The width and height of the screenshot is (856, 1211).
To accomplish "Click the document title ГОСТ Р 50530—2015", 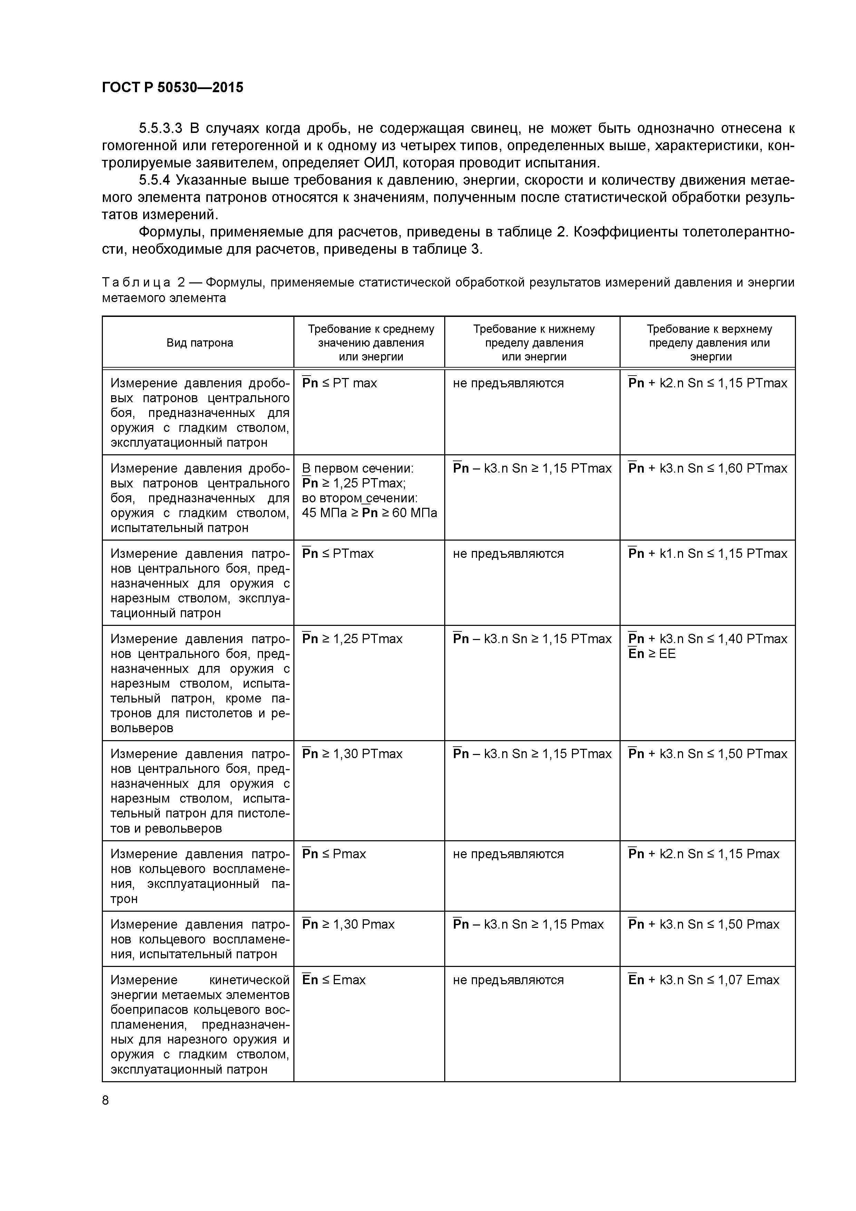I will point(173,88).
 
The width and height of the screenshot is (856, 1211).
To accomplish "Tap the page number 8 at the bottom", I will point(106,1100).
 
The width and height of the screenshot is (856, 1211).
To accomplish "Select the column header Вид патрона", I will point(200,343).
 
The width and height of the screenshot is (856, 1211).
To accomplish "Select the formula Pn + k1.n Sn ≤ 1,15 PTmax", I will point(707,554).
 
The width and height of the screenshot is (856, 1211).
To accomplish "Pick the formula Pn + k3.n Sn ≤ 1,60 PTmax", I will point(707,468).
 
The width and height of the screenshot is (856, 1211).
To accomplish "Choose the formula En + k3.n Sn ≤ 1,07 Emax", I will point(703,980).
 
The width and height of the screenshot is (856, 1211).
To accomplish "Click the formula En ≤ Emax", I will point(334,980).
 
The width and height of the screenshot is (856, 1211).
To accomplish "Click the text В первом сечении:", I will point(358,468).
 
